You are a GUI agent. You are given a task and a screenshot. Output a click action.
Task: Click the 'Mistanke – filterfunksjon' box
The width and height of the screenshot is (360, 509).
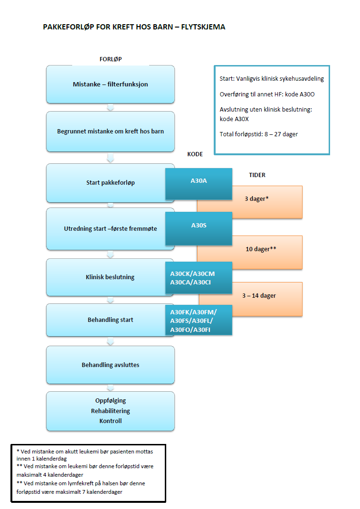110,85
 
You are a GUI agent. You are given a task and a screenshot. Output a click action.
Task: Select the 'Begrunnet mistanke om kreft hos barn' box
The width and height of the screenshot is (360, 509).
110,132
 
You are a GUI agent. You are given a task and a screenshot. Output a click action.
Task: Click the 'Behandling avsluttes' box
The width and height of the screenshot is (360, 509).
110,365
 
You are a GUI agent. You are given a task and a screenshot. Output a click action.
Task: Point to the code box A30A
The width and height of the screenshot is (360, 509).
199,181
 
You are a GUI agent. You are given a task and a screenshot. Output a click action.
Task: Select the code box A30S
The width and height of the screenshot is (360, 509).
199,226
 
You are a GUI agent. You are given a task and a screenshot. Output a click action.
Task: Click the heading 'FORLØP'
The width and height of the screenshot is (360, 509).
111,59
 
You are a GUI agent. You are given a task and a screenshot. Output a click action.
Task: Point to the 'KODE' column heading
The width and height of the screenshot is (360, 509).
195,154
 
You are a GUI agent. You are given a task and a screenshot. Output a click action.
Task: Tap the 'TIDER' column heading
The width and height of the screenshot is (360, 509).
257,175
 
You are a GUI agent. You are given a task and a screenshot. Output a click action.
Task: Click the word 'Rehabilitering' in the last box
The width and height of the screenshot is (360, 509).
110,411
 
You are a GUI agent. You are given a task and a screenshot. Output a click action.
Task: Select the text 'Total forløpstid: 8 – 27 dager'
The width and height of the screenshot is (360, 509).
259,134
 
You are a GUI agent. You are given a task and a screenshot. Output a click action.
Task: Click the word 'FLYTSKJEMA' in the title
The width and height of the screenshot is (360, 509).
203,27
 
